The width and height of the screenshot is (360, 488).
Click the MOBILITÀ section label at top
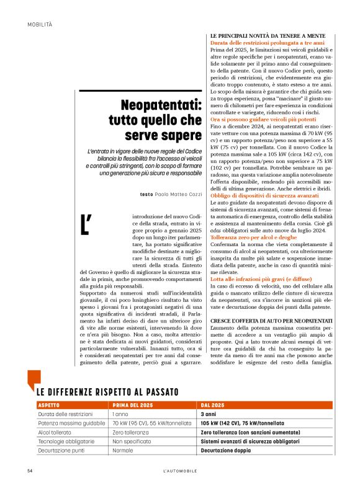tap(40, 24)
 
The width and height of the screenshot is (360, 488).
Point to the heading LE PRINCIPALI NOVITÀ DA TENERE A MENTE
tap(268, 37)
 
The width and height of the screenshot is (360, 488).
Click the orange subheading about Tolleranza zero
tap(253, 237)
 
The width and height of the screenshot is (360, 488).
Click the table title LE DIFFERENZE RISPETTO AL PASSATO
tap(107, 392)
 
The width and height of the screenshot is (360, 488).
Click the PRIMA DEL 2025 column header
tap(133, 404)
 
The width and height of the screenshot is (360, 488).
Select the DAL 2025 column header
tap(214, 404)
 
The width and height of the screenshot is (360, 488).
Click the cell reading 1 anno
tap(122, 413)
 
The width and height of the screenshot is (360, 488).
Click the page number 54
tap(30, 471)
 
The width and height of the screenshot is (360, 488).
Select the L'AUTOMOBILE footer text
tap(179, 471)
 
